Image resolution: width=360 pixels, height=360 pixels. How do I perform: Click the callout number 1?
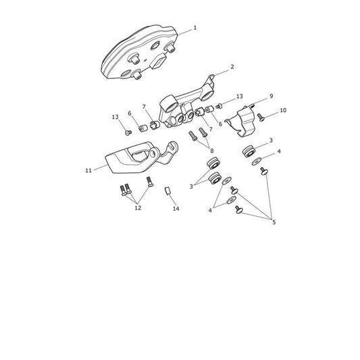pos(195,28)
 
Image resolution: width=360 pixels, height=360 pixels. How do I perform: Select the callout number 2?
pos(232,67)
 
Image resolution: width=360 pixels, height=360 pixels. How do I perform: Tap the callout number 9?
pos(271,96)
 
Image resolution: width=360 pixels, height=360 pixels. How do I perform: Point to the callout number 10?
pos(283,110)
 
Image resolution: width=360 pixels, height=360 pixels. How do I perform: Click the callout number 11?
pos(88,171)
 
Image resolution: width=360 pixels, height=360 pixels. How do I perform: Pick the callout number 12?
pos(138,208)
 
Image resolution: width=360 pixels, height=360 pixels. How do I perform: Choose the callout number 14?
pos(176,209)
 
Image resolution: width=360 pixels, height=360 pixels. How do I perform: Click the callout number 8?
pos(211,151)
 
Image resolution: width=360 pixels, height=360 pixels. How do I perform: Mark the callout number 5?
pos(274,222)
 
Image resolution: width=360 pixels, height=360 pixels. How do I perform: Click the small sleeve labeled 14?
pos(168,190)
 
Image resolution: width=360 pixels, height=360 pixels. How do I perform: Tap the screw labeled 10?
pos(261,118)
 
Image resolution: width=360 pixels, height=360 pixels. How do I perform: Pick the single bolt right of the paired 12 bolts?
pos(150,182)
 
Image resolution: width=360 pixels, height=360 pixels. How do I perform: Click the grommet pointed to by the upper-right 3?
pos(249,151)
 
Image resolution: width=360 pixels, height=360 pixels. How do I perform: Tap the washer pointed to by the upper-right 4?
pos(257,161)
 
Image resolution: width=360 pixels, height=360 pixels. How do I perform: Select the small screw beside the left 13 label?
pos(128,132)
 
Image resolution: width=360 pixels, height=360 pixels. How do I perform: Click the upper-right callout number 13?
pos(239,96)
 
